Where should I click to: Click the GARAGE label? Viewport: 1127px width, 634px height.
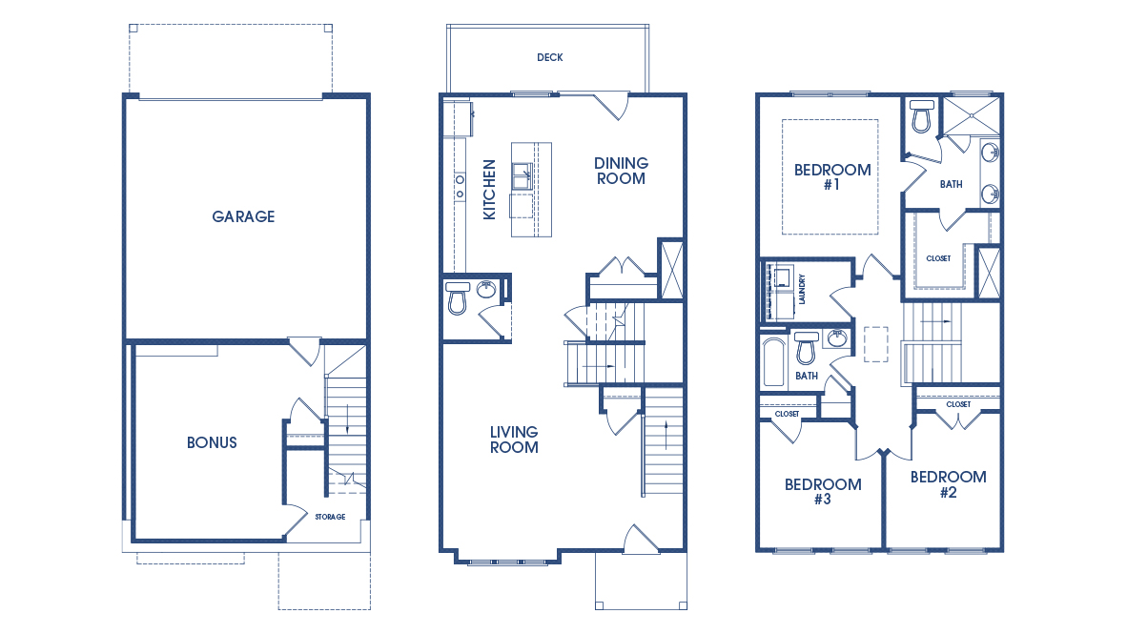point(243,216)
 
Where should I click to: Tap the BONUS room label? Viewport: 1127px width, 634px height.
point(212,442)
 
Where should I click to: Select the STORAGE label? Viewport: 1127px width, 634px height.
point(330,517)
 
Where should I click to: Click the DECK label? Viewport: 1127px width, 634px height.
point(550,57)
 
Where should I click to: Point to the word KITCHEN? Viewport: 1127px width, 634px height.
point(489,190)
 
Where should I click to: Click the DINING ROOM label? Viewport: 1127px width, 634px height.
point(621,171)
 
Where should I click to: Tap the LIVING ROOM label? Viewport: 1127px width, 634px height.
point(514,440)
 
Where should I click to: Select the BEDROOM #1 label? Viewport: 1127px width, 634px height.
point(832,176)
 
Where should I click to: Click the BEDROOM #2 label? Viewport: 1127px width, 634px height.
point(948,484)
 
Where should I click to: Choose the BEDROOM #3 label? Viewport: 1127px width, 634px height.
point(823,492)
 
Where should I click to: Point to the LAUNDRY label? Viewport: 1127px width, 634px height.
point(802,289)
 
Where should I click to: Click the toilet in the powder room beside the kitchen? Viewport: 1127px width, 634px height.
point(457,298)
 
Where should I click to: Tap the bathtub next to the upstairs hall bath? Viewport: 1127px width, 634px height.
point(773,362)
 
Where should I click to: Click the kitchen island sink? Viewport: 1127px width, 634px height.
point(523,176)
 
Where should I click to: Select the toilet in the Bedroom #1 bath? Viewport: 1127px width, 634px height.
point(921,116)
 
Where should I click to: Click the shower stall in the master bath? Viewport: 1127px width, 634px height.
point(971,114)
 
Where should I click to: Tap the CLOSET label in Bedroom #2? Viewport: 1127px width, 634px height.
point(958,404)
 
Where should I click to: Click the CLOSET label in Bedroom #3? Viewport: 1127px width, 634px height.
point(787,414)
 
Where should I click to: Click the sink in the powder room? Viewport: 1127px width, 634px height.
point(486,290)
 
